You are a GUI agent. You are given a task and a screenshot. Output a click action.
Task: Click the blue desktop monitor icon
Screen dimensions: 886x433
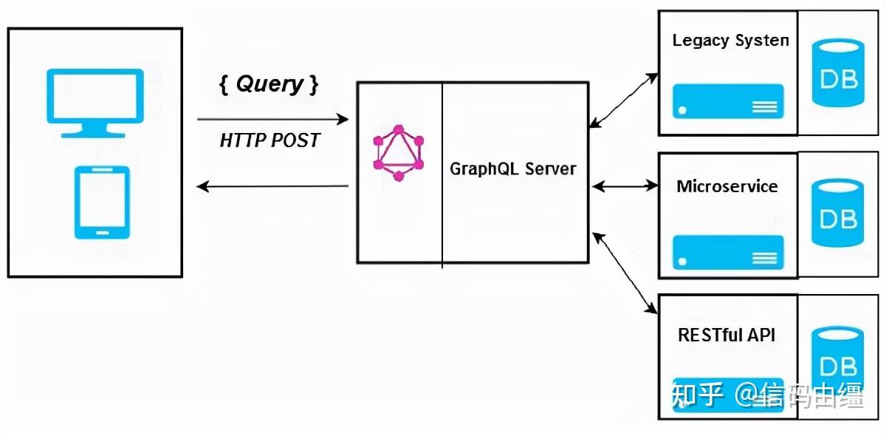[95, 103]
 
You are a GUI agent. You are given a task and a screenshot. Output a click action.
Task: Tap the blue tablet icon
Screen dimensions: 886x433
[102, 202]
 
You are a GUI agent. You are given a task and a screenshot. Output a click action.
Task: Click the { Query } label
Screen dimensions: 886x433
[269, 84]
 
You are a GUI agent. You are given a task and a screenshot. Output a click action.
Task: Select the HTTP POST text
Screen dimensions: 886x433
[269, 140]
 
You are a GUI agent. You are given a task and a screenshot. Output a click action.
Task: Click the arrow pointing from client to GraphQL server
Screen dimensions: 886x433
[273, 119]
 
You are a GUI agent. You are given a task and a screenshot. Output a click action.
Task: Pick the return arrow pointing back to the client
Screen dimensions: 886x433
[272, 186]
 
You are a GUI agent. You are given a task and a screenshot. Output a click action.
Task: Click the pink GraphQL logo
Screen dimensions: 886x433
[399, 153]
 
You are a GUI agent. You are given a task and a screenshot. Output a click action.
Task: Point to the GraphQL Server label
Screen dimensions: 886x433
[513, 169]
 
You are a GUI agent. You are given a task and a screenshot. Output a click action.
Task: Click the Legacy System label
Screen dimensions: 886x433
[730, 41]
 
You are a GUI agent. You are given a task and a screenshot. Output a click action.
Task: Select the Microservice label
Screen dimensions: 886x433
[727, 186]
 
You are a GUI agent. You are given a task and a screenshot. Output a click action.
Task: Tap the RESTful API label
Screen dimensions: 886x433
[727, 335]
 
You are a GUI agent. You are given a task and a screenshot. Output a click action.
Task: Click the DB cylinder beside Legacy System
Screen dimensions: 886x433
[838, 73]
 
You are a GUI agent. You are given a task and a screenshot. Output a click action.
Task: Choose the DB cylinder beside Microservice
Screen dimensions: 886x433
[837, 213]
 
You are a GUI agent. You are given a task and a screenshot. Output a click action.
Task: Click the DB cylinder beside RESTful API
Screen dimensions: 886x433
[837, 360]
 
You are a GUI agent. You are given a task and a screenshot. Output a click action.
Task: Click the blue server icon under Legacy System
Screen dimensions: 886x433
[728, 101]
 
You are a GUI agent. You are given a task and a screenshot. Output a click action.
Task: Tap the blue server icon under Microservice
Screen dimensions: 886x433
[728, 253]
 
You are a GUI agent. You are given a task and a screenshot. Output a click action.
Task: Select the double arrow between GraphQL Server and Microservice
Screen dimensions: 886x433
[625, 186]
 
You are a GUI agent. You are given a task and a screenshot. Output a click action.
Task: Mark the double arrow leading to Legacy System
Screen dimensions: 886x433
[624, 100]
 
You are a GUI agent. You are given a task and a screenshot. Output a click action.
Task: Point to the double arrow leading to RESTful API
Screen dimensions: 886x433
[625, 273]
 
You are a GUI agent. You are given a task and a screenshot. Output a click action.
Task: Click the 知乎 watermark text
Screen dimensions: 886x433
[697, 395]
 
